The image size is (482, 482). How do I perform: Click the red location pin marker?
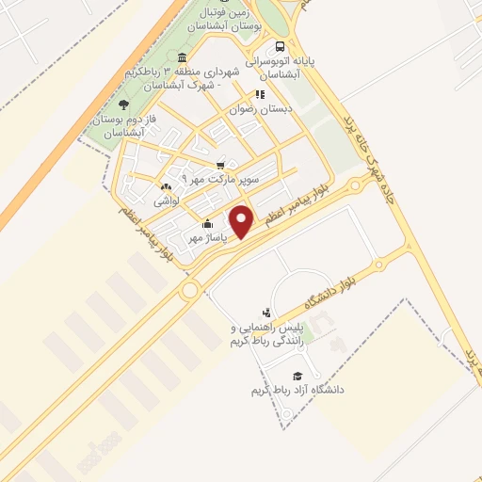pos(242,221)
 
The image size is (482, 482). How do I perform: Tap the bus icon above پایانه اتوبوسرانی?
pos(279,46)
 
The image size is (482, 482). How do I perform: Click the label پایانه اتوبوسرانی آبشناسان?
pos(281,66)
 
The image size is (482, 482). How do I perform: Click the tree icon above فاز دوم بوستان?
pos(123,104)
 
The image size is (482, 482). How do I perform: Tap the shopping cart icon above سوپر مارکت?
pos(221,164)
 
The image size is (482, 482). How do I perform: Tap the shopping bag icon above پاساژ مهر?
pos(208,224)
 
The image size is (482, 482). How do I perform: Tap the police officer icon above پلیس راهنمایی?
pos(266,313)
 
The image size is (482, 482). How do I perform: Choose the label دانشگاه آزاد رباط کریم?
pos(297,389)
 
